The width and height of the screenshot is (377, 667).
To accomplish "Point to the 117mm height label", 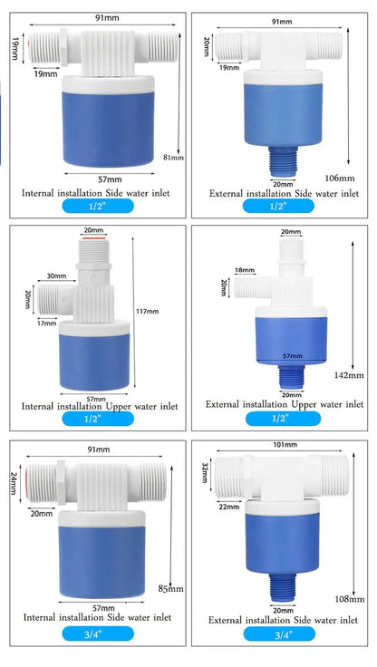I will tap(146, 312).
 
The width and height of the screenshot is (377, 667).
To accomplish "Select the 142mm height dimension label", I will tap(350, 373).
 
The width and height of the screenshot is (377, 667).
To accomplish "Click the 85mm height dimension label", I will tap(170, 589).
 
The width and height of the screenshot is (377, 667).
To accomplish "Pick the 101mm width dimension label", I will tap(285, 445).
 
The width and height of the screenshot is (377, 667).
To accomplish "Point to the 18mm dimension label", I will tap(245, 270).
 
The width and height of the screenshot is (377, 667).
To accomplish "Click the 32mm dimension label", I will tap(204, 471).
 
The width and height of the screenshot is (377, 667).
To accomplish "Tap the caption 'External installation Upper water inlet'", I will tap(285, 403).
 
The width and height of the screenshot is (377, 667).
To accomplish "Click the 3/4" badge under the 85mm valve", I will tap(98, 633).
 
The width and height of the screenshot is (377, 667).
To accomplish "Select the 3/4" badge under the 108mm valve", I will tap(282, 633).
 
